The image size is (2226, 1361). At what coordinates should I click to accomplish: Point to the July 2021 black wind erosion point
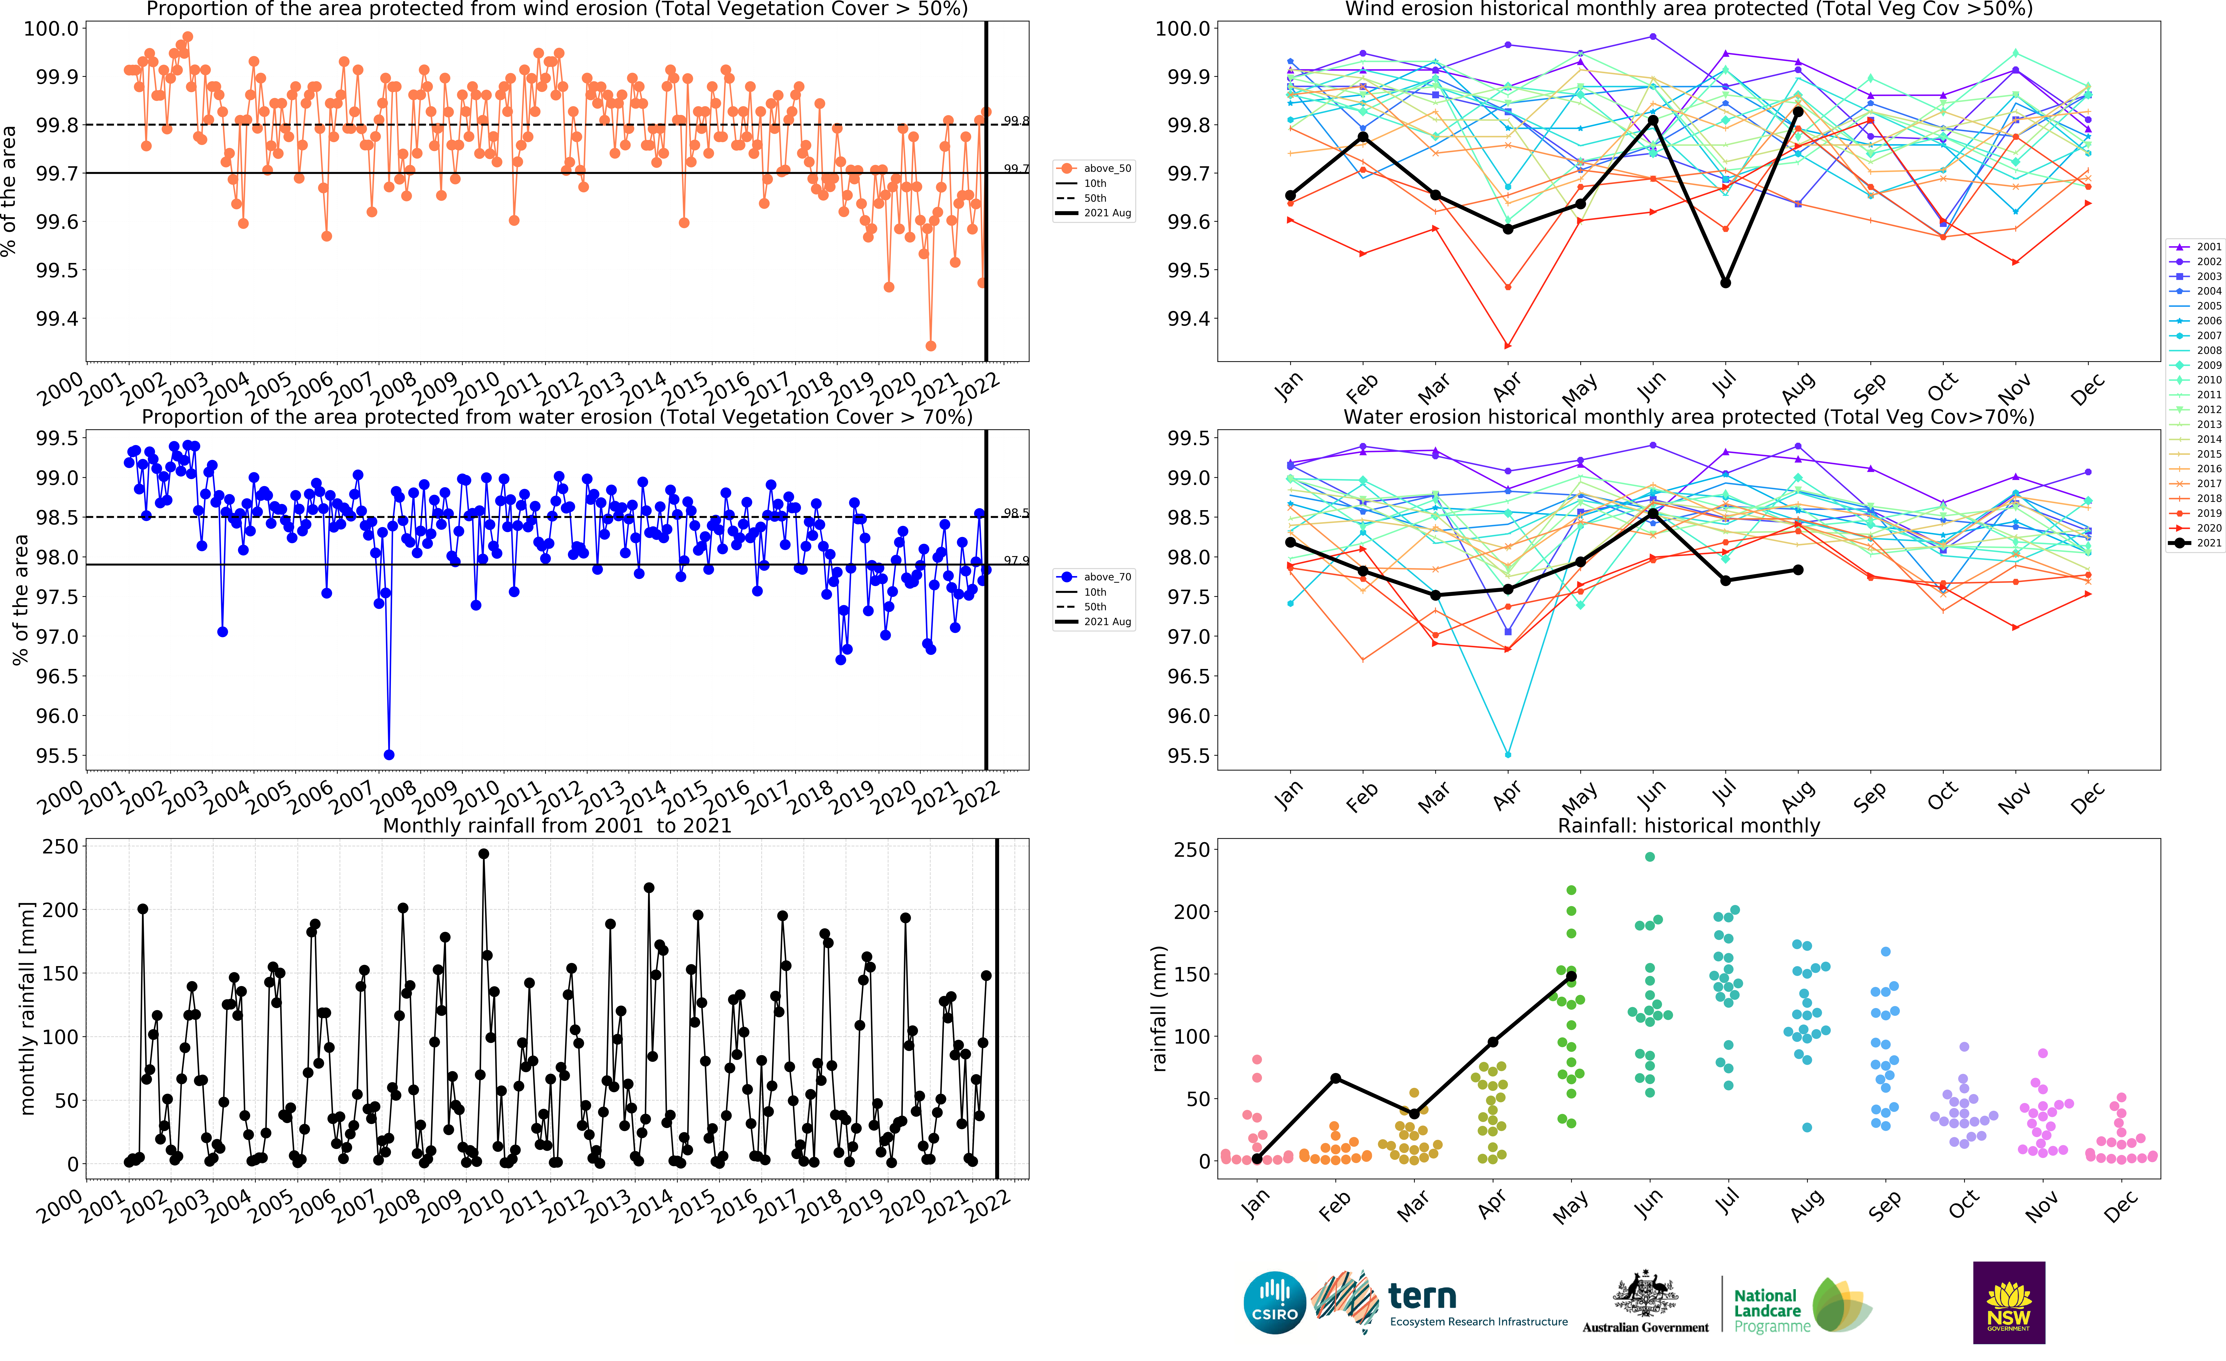point(1726,283)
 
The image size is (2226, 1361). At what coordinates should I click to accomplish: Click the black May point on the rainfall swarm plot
point(1571,977)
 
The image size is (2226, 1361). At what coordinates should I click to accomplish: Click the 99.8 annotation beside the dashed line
point(1015,120)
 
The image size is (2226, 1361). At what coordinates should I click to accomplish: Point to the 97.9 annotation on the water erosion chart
point(1015,560)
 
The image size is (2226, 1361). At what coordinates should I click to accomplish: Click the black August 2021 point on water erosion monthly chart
point(1798,570)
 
